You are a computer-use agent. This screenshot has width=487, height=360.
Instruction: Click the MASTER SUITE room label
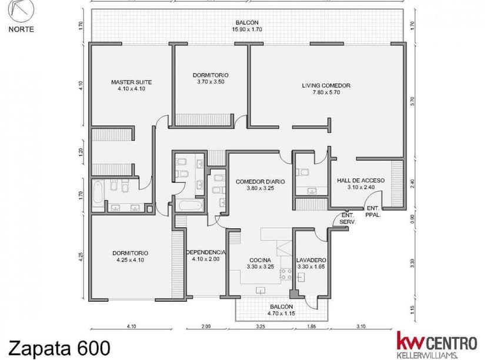[x=131, y=82]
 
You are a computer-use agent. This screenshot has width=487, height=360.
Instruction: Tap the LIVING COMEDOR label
[x=326, y=85]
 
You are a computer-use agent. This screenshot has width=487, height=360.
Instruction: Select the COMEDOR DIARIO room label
[x=261, y=182]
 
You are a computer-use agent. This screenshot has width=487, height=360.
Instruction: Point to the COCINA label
[x=261, y=260]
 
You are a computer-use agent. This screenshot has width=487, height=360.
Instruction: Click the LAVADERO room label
[x=311, y=260]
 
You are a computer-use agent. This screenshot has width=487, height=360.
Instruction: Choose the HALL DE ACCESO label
[x=361, y=181]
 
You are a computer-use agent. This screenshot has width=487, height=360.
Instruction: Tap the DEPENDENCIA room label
[x=206, y=252]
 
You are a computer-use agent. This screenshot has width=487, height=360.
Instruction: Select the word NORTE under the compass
[x=21, y=29]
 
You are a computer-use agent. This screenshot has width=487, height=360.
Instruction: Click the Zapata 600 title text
[x=59, y=348]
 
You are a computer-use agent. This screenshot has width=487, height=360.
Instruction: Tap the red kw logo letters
[x=411, y=341]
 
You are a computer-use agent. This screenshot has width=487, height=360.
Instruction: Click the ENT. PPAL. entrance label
[x=373, y=211]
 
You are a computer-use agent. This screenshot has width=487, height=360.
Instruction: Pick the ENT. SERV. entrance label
[x=348, y=219]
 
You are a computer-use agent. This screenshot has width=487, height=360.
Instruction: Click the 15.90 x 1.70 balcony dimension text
[x=247, y=29]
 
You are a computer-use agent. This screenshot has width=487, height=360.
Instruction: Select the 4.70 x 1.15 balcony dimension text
[x=281, y=314]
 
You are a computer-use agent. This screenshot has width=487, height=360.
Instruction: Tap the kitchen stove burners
[x=286, y=275]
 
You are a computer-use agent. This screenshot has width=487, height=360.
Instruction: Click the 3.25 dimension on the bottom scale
[x=261, y=326]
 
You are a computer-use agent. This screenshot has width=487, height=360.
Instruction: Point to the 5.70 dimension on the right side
[x=412, y=102]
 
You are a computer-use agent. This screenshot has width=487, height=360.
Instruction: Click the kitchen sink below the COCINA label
[x=261, y=291]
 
